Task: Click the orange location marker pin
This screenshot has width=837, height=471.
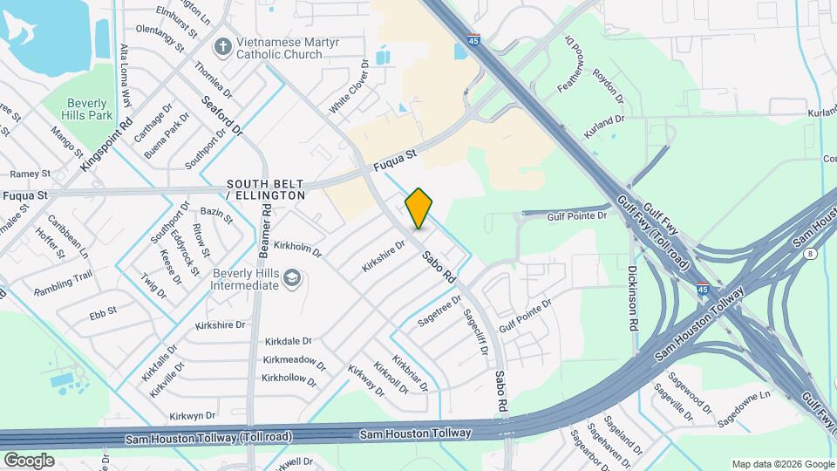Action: click(x=418, y=208)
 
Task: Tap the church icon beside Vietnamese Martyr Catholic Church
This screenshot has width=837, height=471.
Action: click(x=224, y=46)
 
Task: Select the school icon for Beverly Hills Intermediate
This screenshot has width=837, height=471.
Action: click(x=292, y=279)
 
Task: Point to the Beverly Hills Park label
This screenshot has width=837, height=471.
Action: click(x=89, y=109)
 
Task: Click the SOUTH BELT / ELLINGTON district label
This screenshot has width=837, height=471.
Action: click(x=266, y=190)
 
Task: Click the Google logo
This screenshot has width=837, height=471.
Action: click(x=29, y=460)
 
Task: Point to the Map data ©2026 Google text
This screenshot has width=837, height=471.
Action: click(x=782, y=464)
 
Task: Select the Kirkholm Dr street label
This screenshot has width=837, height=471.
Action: click(x=297, y=249)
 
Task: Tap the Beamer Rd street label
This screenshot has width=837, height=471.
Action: click(x=262, y=235)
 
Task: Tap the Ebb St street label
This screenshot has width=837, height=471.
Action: click(x=103, y=309)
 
